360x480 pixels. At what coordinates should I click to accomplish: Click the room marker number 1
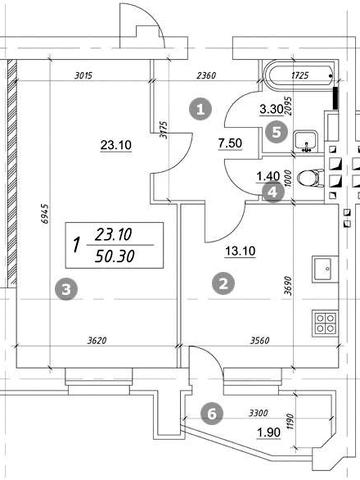click(200, 109)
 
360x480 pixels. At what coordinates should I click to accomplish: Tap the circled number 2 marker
click(223, 284)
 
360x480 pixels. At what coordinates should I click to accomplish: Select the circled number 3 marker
click(67, 289)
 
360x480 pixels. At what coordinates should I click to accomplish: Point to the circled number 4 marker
click(273, 192)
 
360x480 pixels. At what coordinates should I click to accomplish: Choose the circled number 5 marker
click(277, 132)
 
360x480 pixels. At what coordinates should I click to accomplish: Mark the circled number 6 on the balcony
click(212, 414)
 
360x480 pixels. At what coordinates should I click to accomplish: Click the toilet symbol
click(310, 178)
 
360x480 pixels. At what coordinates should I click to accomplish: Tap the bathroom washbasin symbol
click(305, 141)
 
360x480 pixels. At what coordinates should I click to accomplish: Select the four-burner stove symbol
click(325, 323)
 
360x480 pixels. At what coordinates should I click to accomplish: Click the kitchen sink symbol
click(325, 269)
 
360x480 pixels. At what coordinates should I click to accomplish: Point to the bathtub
click(299, 76)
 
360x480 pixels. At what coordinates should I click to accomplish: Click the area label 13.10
click(240, 251)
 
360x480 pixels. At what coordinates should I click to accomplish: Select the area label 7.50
click(230, 143)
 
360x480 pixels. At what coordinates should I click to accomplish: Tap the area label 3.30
click(271, 109)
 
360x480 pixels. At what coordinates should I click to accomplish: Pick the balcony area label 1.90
click(268, 433)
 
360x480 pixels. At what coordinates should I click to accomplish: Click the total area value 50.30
click(115, 256)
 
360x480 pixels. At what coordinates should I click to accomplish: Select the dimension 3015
click(83, 76)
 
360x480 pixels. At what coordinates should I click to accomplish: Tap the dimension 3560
click(260, 341)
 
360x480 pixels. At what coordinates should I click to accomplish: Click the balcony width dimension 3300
click(259, 413)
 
